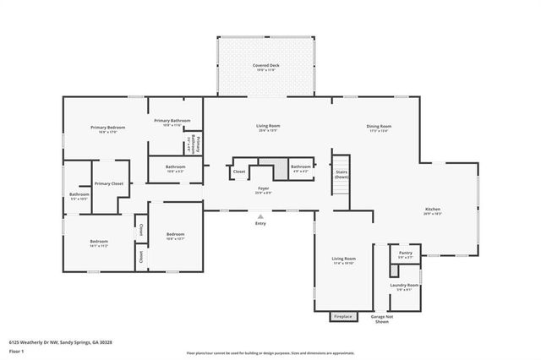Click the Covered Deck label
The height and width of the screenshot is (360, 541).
click(x=266, y=65)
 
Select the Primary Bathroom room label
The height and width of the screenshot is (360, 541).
click(x=172, y=121)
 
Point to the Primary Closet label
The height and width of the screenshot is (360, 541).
click(x=109, y=183)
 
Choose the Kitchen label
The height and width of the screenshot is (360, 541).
click(x=432, y=210)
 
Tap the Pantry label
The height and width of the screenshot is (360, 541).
click(x=405, y=253)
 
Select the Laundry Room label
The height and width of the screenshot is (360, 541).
click(x=404, y=286)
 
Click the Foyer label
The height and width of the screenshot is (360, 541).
click(x=263, y=188)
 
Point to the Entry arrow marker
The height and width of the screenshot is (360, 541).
click(x=260, y=215)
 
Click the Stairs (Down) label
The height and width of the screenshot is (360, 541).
click(x=341, y=174)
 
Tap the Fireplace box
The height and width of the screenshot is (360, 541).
click(x=342, y=317)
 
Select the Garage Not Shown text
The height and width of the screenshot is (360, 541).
click(x=380, y=319)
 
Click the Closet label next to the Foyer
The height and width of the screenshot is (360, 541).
click(x=239, y=172)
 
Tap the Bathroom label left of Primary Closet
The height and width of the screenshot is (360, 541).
click(x=79, y=194)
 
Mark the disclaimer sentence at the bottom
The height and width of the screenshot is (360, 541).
click(x=270, y=353)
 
